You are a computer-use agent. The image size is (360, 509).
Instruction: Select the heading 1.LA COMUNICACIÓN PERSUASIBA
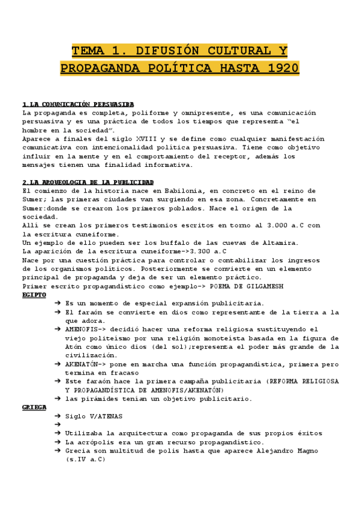point(78,104)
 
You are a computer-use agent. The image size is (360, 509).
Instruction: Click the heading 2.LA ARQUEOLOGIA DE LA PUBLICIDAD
point(88,182)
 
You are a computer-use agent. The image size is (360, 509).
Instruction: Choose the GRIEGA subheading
point(34,406)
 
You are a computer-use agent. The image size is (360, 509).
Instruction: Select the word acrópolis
point(100,442)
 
